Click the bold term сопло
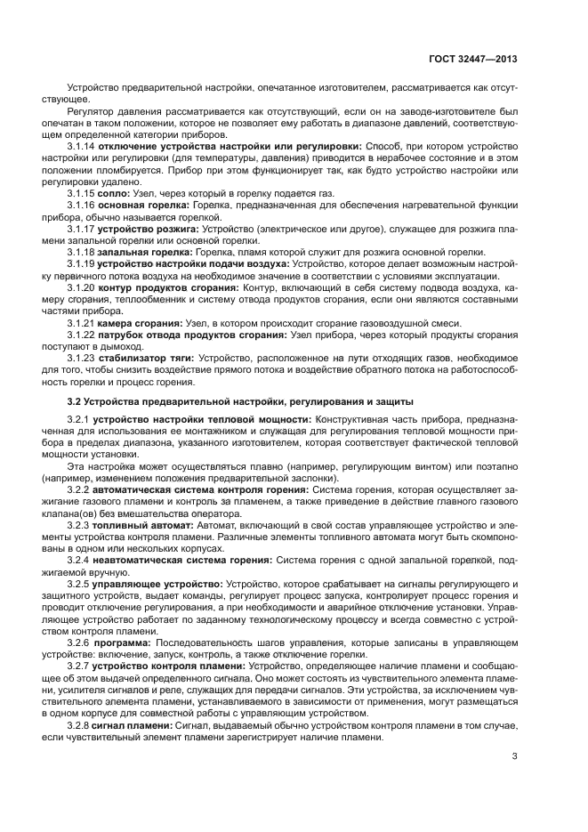(115, 192)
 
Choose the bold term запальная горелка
(146, 253)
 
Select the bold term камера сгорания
(140, 324)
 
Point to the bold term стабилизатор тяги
(146, 359)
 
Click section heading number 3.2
(75, 402)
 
